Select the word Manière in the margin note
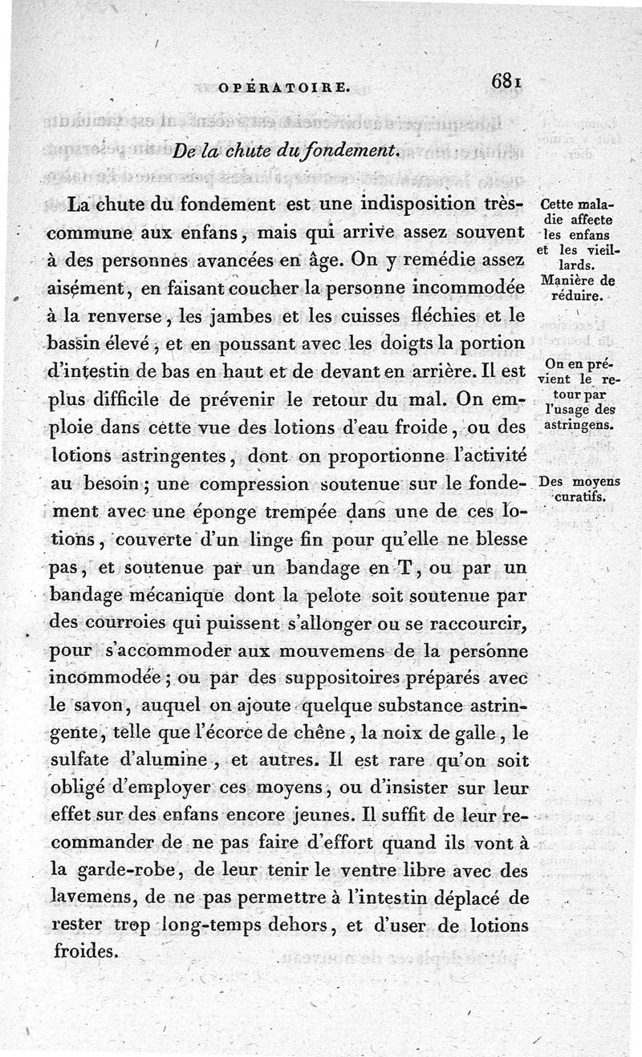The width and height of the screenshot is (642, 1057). (x=567, y=281)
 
